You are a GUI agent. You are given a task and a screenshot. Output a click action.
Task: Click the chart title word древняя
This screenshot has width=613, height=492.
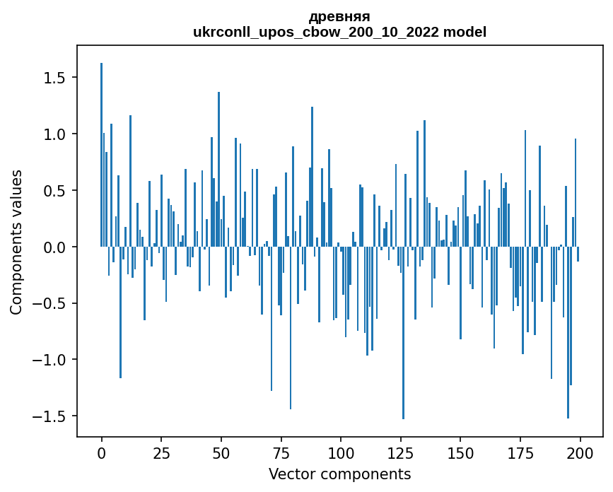(339, 16)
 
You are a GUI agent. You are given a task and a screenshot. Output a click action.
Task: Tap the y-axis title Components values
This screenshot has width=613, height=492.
(16, 242)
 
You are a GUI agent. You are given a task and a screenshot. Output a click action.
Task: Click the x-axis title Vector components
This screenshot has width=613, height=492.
(339, 474)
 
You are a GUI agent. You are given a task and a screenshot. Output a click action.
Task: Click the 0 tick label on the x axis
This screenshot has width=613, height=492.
(102, 452)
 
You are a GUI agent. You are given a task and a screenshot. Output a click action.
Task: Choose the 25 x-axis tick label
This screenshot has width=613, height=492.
(161, 452)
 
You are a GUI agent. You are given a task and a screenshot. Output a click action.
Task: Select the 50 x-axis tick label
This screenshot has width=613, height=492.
(221, 452)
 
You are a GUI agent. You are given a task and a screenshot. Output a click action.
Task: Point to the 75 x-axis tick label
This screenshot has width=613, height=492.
(281, 452)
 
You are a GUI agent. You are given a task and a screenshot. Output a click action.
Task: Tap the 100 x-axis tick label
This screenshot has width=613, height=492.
(341, 452)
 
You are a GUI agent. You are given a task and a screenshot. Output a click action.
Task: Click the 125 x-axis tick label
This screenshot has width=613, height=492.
(400, 452)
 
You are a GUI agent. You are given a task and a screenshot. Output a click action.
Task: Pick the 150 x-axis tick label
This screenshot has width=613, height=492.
(460, 452)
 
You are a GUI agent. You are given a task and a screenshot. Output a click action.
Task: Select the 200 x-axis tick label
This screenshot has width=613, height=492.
(580, 452)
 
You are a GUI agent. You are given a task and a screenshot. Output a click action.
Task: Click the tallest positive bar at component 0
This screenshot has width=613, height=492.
(102, 156)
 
